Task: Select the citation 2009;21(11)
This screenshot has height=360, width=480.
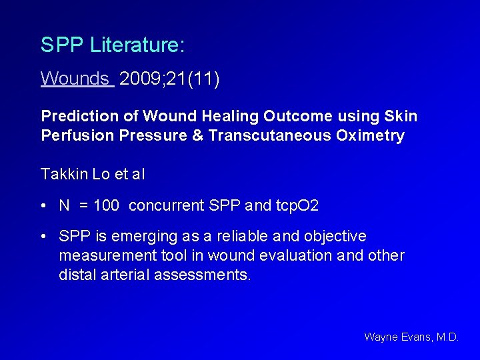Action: [x=170, y=79]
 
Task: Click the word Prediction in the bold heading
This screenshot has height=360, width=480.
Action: [x=75, y=117]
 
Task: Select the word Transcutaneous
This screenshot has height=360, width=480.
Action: [x=269, y=136]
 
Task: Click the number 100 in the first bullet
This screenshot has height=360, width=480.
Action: [x=107, y=206]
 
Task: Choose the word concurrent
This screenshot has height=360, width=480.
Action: [x=166, y=206]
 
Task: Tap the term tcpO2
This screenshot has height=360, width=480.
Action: [x=297, y=206]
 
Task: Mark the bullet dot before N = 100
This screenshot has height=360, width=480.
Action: [x=43, y=206]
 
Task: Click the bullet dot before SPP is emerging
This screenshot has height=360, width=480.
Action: [x=43, y=237]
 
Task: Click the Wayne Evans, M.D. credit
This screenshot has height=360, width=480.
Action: [x=411, y=337]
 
